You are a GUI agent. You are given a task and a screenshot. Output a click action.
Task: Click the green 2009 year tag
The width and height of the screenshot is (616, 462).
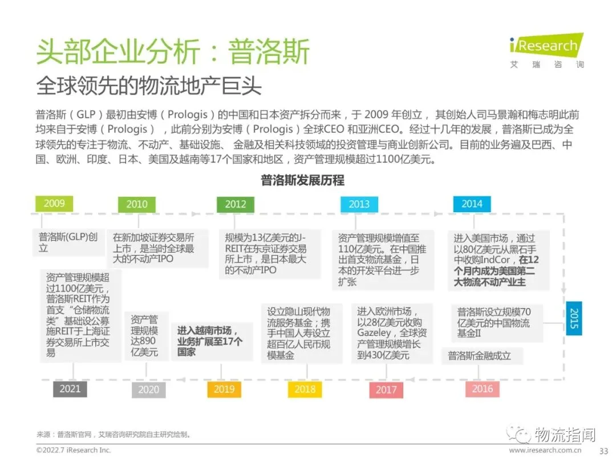[54, 203]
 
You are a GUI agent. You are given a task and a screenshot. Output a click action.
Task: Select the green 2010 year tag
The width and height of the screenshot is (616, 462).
[137, 204]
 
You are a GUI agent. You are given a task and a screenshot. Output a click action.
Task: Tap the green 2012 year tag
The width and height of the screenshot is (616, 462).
[236, 204]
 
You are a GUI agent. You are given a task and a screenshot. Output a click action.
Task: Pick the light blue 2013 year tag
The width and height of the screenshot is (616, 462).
[359, 204]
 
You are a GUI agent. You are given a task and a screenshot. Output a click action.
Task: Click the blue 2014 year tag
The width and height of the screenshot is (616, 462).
[472, 204]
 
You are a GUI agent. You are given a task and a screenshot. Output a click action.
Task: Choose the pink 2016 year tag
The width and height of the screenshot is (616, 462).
[482, 389]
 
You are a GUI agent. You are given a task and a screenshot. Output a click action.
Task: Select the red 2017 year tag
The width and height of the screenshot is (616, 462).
[386, 390]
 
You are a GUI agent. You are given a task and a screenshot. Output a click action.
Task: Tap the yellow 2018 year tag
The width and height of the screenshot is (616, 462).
[305, 390]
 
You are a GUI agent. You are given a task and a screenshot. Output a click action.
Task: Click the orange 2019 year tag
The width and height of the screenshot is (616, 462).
[224, 390]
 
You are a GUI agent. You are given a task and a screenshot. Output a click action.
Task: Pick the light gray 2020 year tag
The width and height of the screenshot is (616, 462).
[149, 390]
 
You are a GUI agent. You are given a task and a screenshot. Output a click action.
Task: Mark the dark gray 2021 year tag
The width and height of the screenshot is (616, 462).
[70, 389]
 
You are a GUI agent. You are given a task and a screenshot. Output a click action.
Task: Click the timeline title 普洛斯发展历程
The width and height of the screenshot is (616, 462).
[303, 181]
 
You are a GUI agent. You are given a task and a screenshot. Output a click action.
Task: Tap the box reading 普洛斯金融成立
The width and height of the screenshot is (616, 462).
[479, 356]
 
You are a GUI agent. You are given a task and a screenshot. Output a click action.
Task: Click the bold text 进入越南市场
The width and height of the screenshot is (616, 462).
[206, 330]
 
